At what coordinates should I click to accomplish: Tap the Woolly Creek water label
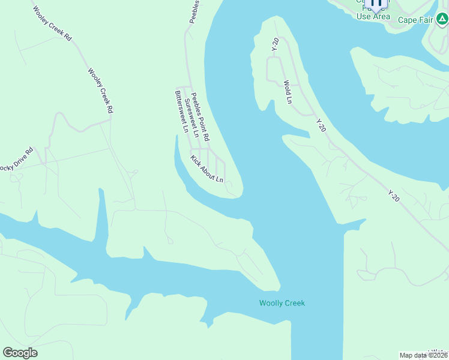pyautogui.click(x=282, y=303)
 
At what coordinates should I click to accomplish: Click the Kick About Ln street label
pyautogui.click(x=206, y=169)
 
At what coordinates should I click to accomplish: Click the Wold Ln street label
pyautogui.click(x=288, y=92)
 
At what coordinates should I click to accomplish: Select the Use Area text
pyautogui.click(x=373, y=17)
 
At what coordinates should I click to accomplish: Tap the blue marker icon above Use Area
pyautogui.click(x=376, y=4)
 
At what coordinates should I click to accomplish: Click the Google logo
pyautogui.click(x=20, y=353)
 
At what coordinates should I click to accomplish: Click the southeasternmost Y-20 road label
pyautogui.click(x=393, y=196)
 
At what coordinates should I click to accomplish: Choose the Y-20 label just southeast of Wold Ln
pyautogui.click(x=321, y=125)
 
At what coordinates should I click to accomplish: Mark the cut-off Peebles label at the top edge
pyautogui.click(x=194, y=11)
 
